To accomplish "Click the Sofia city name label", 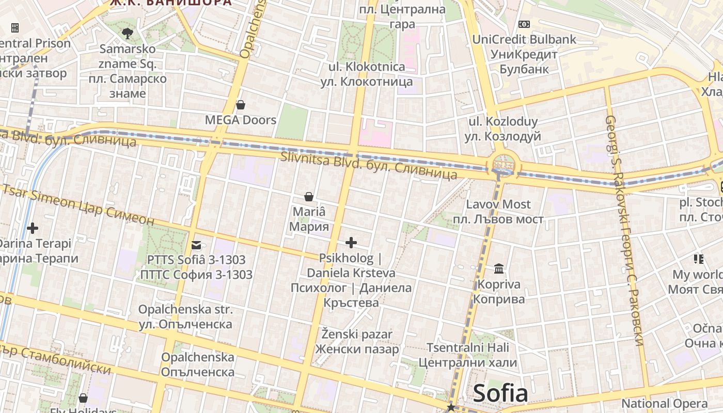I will point(500,393).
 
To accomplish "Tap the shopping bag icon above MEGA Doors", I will point(240,105).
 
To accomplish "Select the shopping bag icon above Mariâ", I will point(309,197).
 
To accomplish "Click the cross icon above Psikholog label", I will point(351,242).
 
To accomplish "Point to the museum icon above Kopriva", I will point(499,268).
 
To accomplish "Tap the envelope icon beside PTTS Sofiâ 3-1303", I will point(196,245).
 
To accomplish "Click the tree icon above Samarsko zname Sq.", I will point(127,34).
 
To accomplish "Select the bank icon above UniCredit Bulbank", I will point(524,24).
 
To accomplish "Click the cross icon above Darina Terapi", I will point(33,228).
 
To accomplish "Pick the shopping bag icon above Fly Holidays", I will point(83,398).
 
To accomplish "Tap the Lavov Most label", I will point(498,204).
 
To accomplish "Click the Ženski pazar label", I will point(357,335).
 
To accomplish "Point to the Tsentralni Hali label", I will point(467,347).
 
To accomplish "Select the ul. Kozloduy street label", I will point(502,122).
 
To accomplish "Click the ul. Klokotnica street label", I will point(367,67).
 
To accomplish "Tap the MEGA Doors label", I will point(241,120).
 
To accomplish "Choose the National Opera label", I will point(664,403).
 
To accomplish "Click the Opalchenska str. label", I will point(185,310).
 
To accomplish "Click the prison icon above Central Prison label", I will point(15,27).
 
